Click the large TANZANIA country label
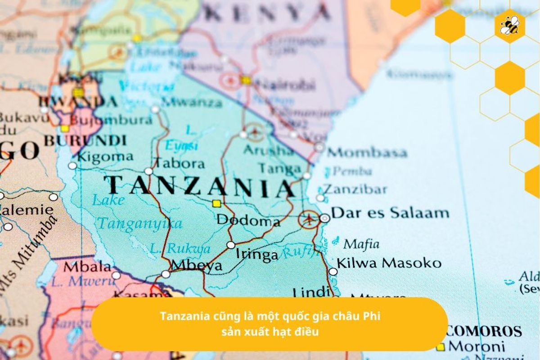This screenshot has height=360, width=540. [200, 186]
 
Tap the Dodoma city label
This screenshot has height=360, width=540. [248, 221]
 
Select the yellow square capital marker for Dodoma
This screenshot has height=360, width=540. [217, 203]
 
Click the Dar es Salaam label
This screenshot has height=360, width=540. [390, 212]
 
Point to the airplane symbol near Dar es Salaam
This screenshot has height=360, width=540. [309, 220]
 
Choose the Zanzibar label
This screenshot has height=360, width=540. [355, 189]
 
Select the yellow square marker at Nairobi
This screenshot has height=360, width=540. [246, 80]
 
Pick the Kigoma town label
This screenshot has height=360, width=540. [105, 157]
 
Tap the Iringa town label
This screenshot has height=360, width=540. [257, 255]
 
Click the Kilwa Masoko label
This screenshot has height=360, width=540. [389, 263]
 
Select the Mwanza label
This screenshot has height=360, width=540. [191, 103]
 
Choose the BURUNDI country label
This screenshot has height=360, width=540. [85, 140]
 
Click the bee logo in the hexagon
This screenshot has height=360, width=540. [509, 25]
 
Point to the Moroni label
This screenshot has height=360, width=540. [477, 346]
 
